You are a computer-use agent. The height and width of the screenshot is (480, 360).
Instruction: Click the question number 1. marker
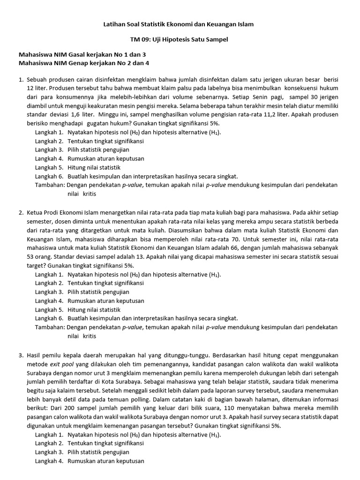click(21, 80)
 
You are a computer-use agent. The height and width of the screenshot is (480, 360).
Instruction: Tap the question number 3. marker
click(21, 355)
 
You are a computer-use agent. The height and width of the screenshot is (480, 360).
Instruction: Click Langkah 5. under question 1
click(49, 167)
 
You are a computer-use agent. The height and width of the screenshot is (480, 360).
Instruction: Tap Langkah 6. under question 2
click(49, 319)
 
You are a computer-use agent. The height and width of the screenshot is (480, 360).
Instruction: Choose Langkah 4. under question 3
click(49, 461)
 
